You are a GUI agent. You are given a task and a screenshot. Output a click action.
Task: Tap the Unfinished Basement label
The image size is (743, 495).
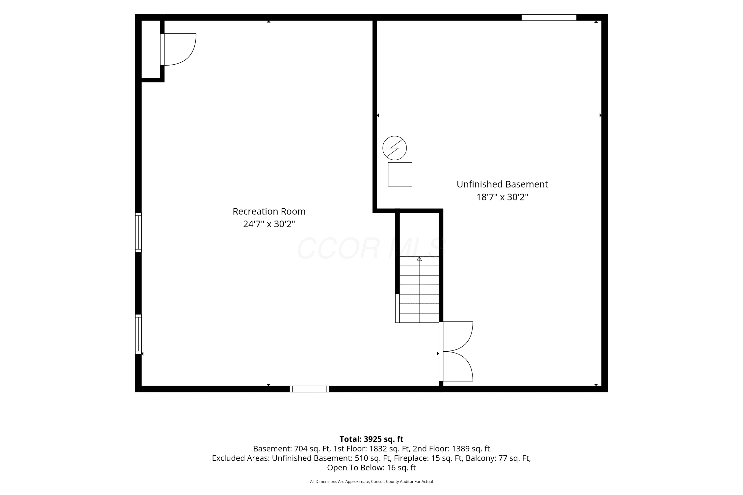click(502, 184)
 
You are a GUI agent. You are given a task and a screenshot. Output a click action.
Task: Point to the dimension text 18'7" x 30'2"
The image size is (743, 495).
click(502, 197)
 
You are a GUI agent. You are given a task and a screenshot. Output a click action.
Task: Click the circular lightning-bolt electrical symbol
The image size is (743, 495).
click(395, 148)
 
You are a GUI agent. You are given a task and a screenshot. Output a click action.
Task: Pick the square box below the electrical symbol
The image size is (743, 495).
click(400, 174)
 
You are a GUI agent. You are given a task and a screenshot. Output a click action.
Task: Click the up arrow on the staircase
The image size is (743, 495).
click(419, 259)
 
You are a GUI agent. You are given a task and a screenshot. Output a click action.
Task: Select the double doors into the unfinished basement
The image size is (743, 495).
click(456, 351)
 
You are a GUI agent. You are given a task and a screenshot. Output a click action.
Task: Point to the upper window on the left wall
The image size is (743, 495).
click(138, 232)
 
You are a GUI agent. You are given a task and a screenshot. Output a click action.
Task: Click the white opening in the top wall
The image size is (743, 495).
click(549, 18)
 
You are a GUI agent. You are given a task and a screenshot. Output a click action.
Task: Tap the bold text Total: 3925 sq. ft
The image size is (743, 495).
click(371, 439)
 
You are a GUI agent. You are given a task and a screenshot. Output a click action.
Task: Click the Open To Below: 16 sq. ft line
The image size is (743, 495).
click(371, 468)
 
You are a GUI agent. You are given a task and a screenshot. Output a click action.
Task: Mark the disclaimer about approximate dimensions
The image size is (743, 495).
click(371, 481)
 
